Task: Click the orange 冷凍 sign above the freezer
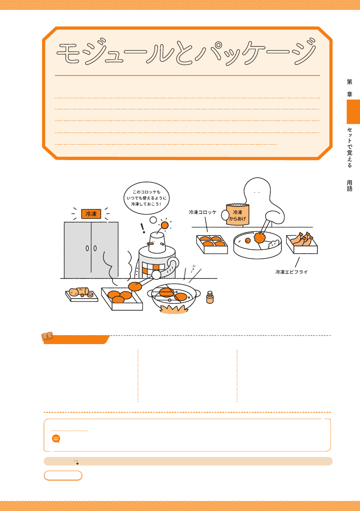(x=91, y=214)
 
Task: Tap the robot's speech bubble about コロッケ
(x=147, y=198)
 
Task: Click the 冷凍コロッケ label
(x=203, y=212)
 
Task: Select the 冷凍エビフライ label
(x=292, y=272)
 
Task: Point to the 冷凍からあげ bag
(x=238, y=215)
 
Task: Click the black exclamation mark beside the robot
(x=143, y=228)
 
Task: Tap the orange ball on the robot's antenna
(x=165, y=225)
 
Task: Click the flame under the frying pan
(x=174, y=308)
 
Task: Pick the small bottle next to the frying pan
(x=210, y=297)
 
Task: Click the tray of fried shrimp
(x=302, y=243)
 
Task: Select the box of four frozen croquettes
(x=212, y=244)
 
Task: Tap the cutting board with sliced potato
(x=82, y=294)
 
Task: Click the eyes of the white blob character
(x=257, y=192)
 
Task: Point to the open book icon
(x=47, y=336)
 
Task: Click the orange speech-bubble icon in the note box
(x=56, y=438)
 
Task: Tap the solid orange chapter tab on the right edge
(x=353, y=112)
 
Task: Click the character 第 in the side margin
(x=350, y=82)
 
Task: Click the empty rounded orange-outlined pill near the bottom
(x=63, y=475)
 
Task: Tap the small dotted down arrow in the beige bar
(x=76, y=462)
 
